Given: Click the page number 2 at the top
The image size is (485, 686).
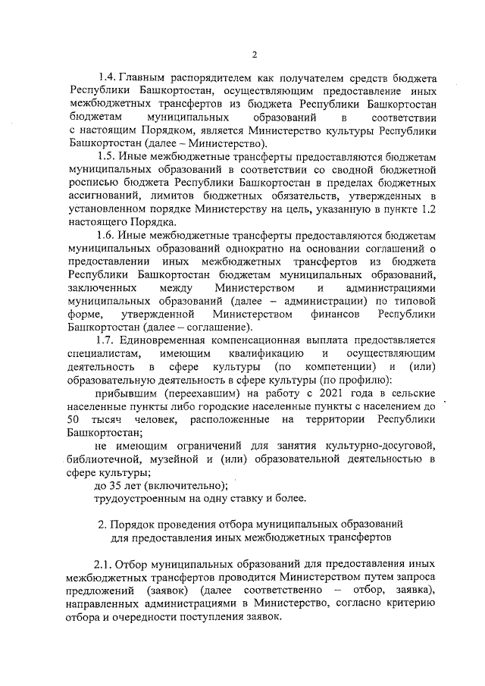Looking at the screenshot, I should (x=255, y=54).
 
